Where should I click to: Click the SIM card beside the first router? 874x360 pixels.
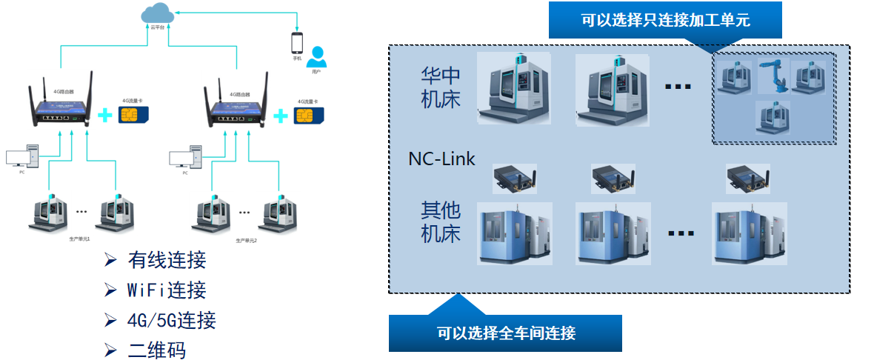(133, 115)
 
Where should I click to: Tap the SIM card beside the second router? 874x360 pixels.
(306, 116)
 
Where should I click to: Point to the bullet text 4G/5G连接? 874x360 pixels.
(171, 321)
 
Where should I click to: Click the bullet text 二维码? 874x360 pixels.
(156, 350)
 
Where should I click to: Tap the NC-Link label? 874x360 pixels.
(441, 159)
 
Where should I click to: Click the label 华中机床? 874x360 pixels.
(441, 87)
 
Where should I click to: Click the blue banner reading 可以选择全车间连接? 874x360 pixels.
(505, 333)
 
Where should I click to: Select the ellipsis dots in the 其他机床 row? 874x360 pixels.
(680, 233)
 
